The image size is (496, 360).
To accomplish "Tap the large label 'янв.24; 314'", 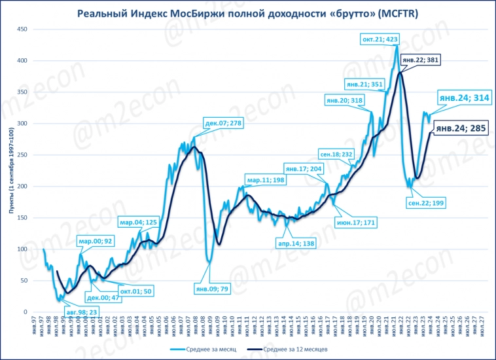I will tap(464, 98).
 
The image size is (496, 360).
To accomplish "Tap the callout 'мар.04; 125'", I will tap(139, 223).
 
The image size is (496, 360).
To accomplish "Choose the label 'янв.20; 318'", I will tap(344, 100).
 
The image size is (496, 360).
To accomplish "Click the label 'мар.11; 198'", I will tap(265, 180).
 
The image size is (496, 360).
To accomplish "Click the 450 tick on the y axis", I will tap(22, 29).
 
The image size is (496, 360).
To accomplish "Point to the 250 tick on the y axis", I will tap(22, 155).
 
